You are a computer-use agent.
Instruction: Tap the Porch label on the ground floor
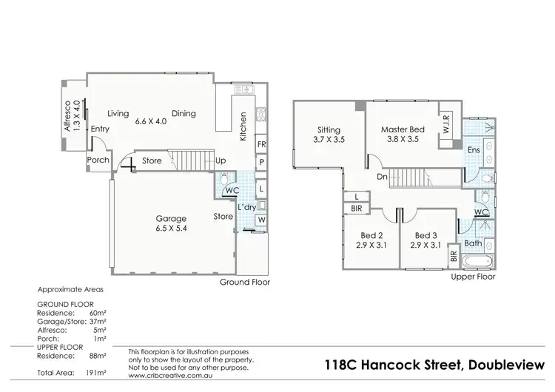98,160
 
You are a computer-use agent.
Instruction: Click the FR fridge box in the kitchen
261,145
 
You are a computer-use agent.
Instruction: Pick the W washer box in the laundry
261,220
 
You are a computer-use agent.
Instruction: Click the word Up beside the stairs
221,160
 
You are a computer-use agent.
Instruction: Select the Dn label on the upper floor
381,177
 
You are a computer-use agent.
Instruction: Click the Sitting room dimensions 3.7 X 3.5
329,139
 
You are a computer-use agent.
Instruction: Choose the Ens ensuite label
474,150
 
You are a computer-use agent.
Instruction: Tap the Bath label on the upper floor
473,243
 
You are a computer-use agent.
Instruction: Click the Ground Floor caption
245,283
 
